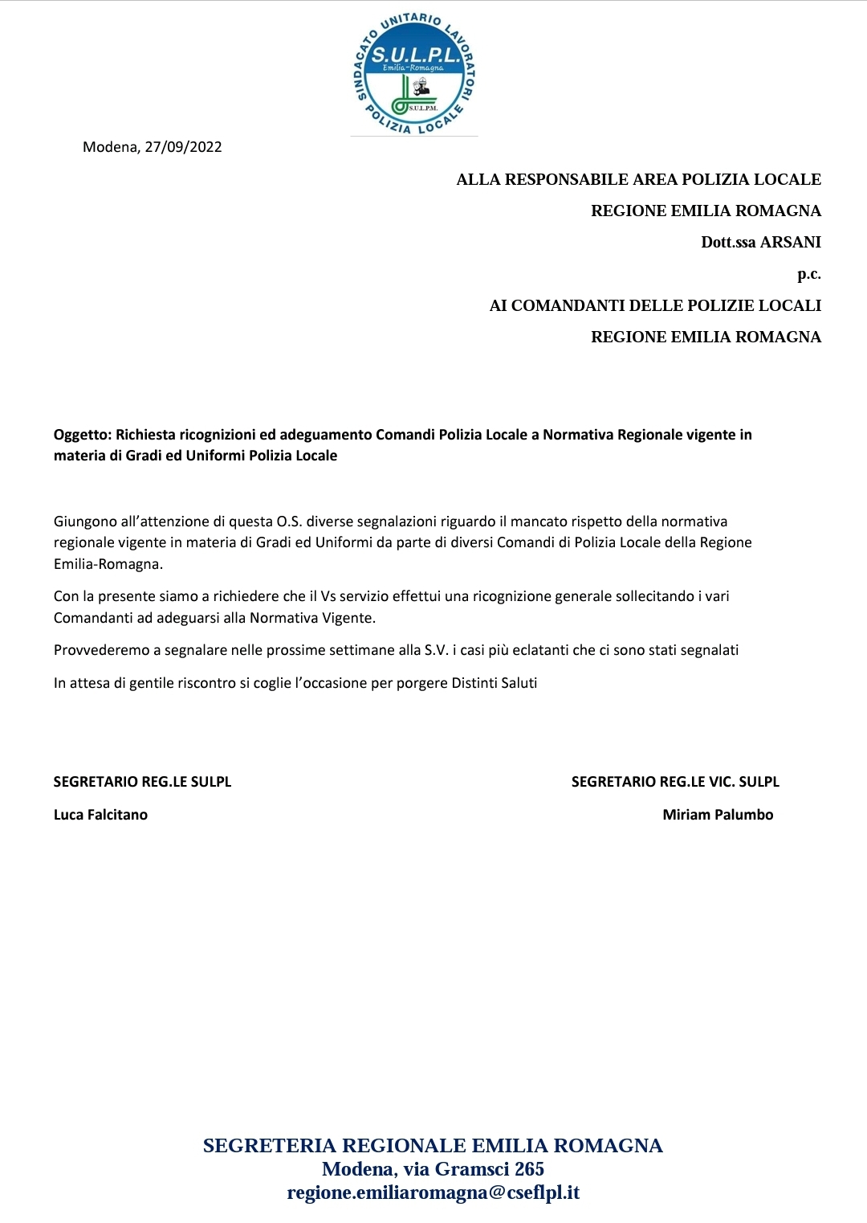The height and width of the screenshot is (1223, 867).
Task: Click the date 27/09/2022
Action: tap(183, 147)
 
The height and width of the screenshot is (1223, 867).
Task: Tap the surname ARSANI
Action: tap(791, 242)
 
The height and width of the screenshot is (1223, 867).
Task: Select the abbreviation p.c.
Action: tap(808, 274)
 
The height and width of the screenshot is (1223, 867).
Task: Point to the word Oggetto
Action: tap(82, 435)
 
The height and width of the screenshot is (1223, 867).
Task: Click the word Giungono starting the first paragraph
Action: tap(85, 522)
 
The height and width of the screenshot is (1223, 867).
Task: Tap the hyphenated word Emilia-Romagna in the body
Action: tap(108, 564)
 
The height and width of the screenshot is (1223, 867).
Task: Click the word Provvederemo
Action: tap(99, 650)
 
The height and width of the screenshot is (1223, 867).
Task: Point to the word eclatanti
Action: tap(538, 650)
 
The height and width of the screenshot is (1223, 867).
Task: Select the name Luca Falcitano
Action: tap(100, 815)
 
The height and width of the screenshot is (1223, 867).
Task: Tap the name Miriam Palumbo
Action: tap(718, 815)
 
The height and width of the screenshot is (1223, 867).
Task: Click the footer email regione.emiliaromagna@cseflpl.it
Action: tap(433, 1192)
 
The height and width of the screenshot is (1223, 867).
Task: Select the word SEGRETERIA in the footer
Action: tap(269, 1146)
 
